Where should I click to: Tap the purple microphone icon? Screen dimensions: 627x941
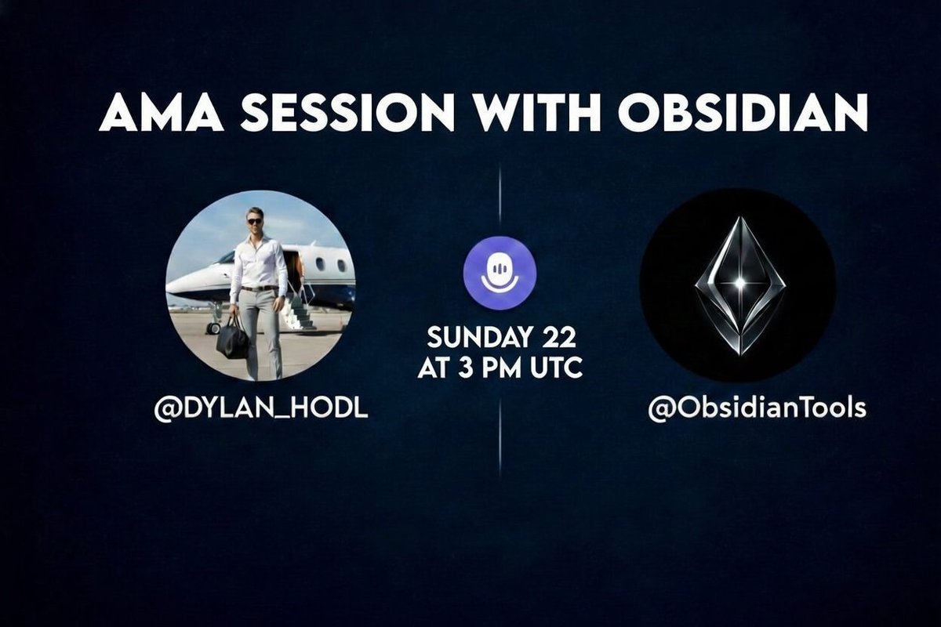pyautogui.click(x=500, y=273)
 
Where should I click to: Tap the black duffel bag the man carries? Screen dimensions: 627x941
pyautogui.click(x=233, y=339)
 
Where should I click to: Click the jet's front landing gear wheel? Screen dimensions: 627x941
pyautogui.click(x=213, y=328)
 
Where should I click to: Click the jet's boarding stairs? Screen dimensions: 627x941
pyautogui.click(x=298, y=312)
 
